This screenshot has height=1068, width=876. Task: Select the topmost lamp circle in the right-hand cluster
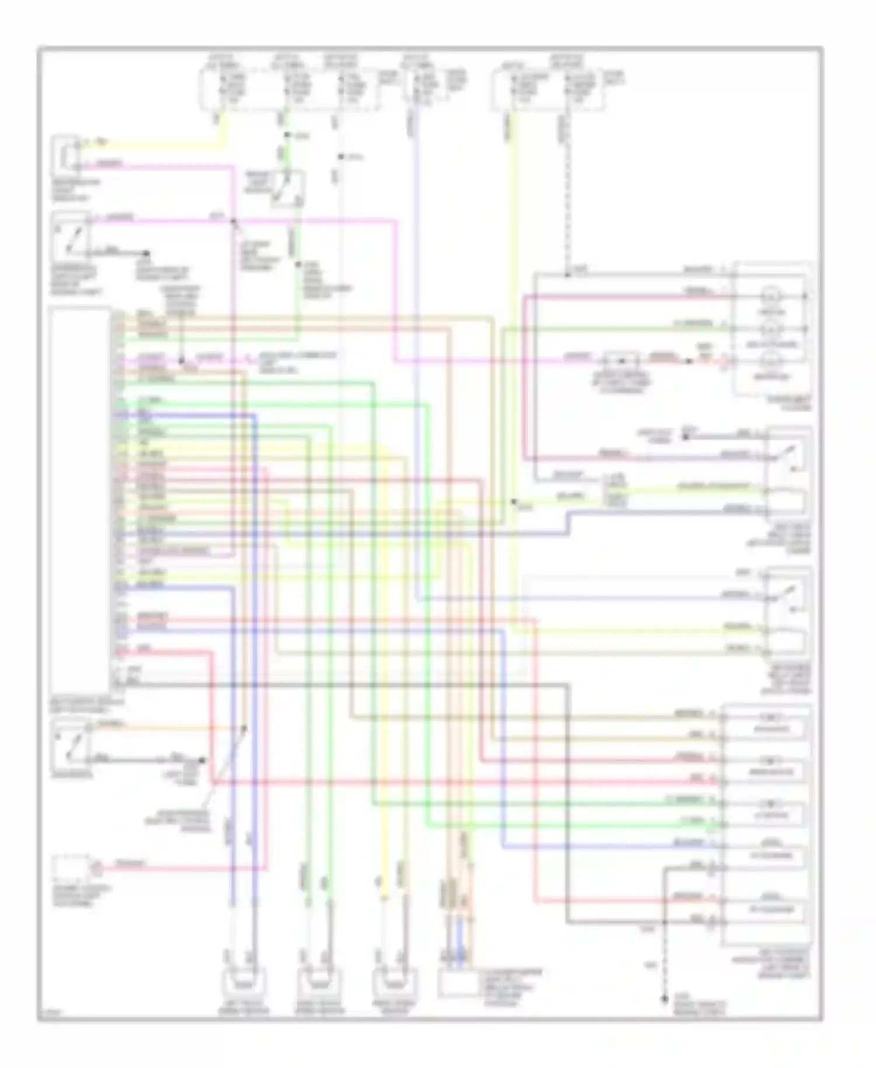click(x=771, y=296)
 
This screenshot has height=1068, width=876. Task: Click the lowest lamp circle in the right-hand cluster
click(x=771, y=361)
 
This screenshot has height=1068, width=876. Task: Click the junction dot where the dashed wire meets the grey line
click(x=566, y=275)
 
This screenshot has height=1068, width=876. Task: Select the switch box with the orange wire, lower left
click(x=71, y=742)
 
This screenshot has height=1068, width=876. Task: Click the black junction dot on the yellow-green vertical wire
click(x=513, y=501)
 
